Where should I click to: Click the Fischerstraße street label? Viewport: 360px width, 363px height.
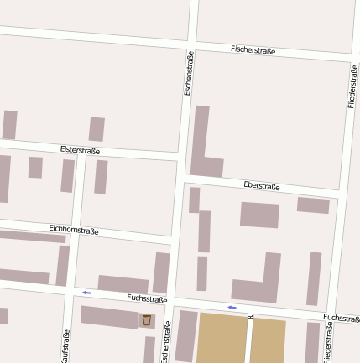253,50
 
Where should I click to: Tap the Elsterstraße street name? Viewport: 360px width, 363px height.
81,150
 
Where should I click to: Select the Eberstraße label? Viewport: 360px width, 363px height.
261,186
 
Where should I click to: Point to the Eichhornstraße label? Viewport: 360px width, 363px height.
74,229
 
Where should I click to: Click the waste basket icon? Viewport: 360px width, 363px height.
147,320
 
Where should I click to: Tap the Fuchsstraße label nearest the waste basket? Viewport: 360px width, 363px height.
147,298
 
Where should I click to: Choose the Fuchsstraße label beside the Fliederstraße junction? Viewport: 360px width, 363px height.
341,319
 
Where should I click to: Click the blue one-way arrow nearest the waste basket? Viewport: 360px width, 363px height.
86,293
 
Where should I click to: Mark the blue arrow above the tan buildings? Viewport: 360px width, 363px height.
232,308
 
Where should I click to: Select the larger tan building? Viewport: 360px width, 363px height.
222,340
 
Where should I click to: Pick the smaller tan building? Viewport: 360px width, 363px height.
268,340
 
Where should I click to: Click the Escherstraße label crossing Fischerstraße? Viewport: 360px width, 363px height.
189,72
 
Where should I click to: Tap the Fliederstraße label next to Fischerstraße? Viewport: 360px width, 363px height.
353,85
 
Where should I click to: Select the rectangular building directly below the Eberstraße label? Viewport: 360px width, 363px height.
259,215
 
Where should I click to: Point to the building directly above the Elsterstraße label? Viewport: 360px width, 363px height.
97,129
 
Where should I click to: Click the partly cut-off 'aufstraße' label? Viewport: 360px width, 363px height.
65,346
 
